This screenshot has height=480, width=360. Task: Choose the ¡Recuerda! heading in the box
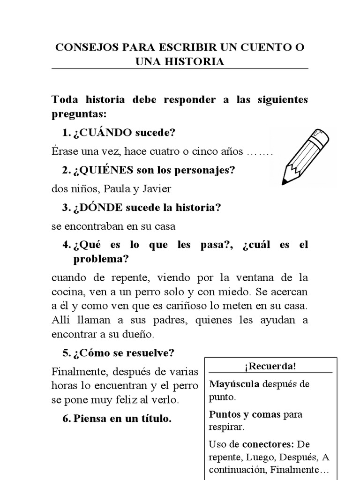coord(270,366)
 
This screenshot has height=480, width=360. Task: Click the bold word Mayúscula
coord(234,384)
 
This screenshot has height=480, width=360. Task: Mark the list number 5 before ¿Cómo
coord(65,352)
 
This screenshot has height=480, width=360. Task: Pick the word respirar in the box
coord(227,427)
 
